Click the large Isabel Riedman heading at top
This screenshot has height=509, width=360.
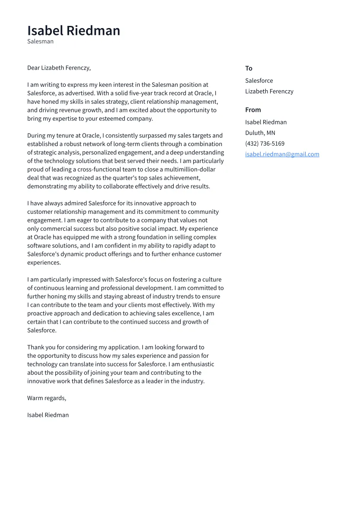73,31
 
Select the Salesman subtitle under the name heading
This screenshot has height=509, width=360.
40,41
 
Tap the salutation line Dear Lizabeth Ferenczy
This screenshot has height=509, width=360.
59,68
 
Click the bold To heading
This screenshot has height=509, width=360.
248,68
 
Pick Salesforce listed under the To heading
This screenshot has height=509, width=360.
259,81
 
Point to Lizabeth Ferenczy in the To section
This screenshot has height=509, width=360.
269,92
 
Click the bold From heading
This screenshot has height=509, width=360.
253,110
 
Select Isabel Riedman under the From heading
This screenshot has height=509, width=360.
266,122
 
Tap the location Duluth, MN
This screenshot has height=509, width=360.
260,133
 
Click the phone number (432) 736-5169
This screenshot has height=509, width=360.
264,144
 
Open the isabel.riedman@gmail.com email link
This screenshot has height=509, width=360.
282,154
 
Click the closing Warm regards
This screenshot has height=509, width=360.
47,398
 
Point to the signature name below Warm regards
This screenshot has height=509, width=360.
48,415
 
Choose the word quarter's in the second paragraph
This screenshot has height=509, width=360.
124,178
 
